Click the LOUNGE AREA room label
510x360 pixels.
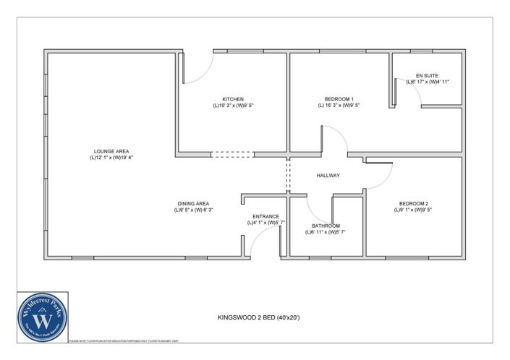(x=111, y=150)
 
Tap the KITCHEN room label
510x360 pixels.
(x=232, y=98)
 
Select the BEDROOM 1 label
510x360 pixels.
(x=339, y=98)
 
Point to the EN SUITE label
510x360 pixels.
(x=428, y=75)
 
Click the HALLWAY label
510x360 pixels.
(x=328, y=176)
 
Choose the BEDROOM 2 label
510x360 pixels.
(x=413, y=203)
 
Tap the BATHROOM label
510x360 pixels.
(x=325, y=226)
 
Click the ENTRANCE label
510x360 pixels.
(x=265, y=216)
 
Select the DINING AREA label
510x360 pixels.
(x=193, y=203)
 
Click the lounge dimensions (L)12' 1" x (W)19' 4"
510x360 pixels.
(x=111, y=158)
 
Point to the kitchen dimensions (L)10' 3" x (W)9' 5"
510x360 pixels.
(x=232, y=106)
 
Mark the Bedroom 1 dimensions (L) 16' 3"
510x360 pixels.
(x=339, y=106)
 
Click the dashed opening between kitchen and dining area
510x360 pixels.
(x=232, y=154)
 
